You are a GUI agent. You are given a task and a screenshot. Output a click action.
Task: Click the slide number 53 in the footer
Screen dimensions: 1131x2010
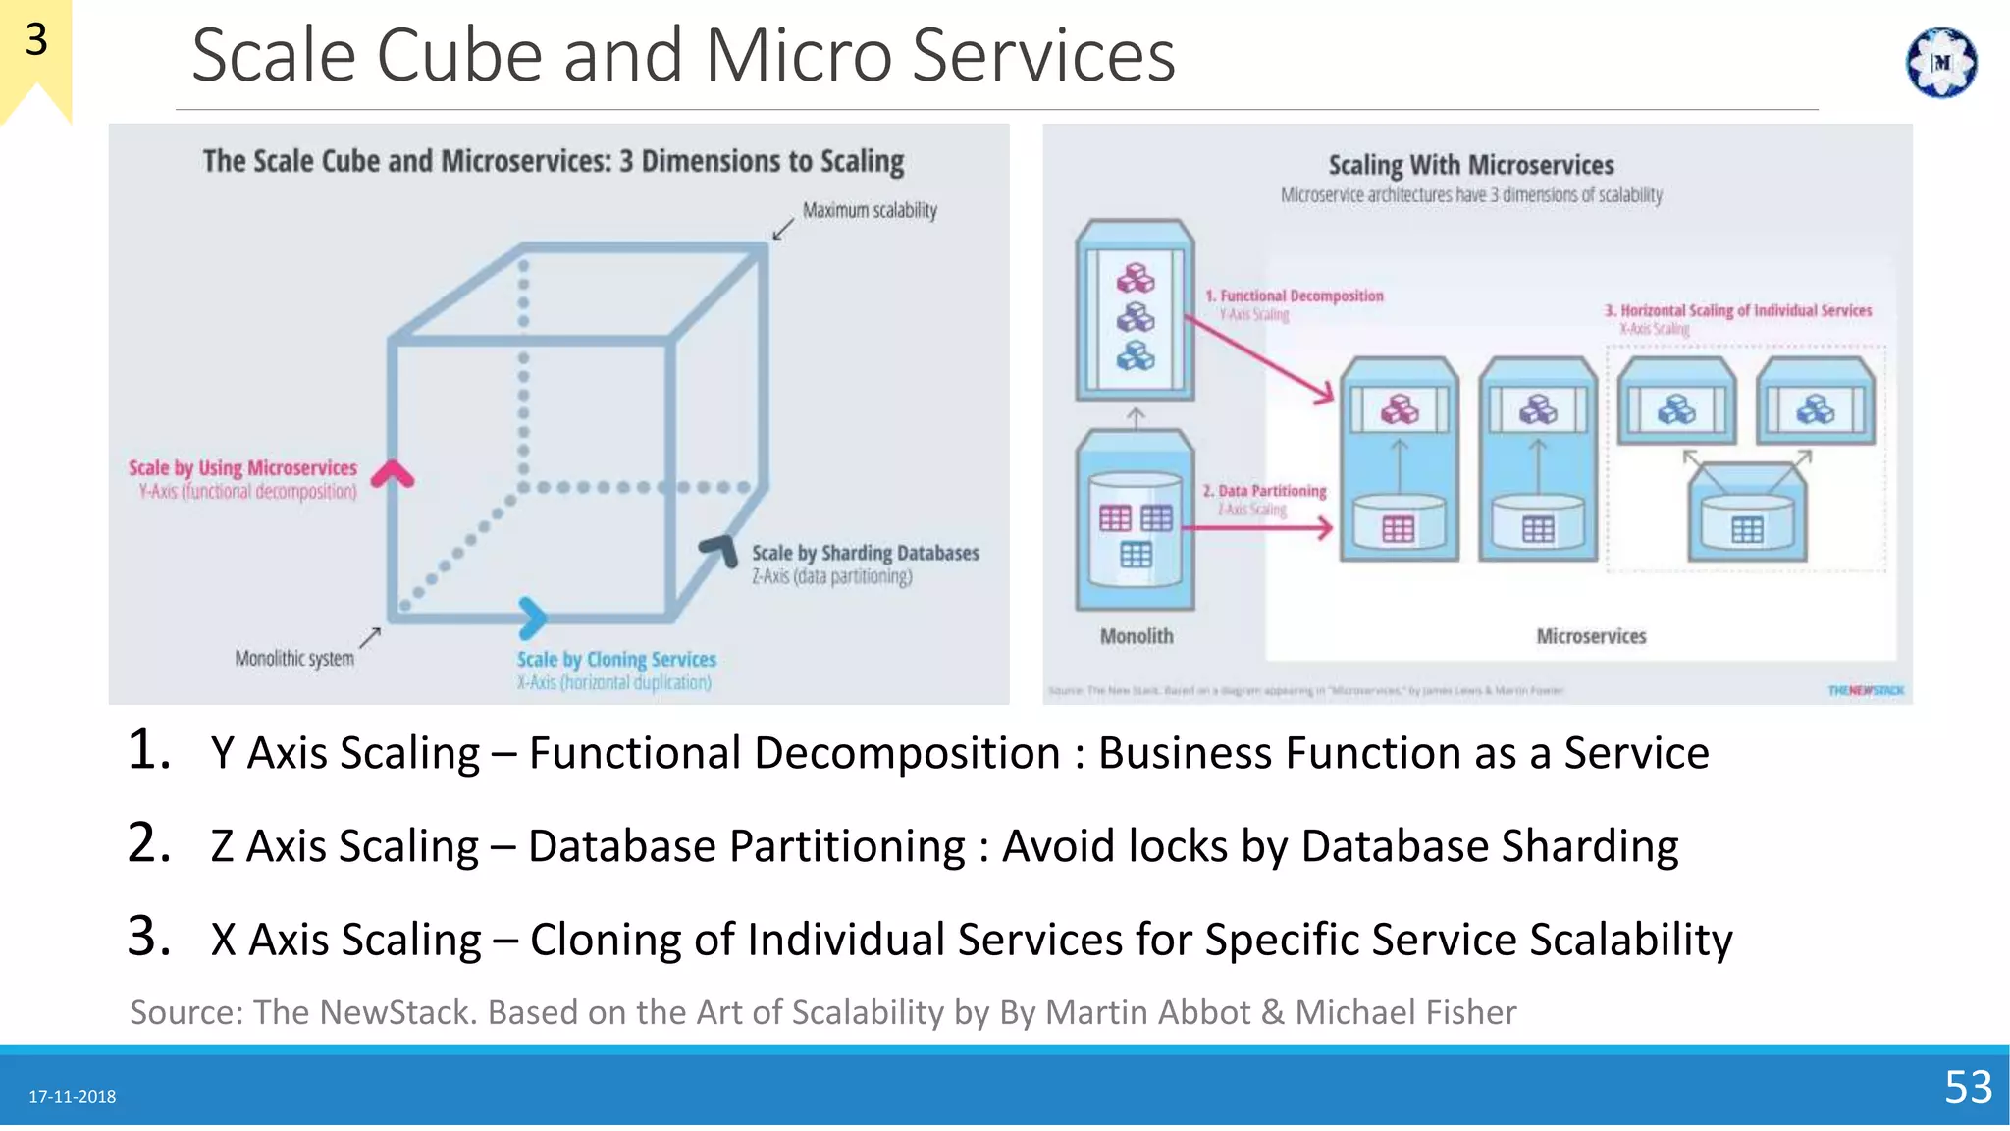1968,1087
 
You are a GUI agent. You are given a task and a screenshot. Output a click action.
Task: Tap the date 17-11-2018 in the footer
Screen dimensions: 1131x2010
72,1096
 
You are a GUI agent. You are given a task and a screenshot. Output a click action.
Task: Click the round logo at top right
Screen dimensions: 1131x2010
1940,63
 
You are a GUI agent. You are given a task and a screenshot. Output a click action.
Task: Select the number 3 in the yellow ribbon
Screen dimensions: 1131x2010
35,40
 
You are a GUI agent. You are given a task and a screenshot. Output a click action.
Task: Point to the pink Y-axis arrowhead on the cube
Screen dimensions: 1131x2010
393,473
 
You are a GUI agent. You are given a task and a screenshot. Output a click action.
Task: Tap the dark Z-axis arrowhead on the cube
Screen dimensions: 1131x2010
721,549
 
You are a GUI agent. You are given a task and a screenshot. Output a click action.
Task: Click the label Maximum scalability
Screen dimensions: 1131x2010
870,210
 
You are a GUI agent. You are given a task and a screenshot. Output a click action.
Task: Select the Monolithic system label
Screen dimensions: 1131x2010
293,658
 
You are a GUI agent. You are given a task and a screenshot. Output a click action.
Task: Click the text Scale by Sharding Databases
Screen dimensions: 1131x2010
865,553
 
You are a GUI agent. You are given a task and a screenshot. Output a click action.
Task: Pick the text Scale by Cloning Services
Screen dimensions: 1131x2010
616,660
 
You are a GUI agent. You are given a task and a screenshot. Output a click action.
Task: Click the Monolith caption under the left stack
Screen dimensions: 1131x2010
1136,636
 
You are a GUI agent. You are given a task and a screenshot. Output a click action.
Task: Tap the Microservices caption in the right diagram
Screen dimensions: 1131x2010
1590,636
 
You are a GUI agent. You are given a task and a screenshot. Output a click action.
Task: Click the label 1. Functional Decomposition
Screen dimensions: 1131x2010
1295,296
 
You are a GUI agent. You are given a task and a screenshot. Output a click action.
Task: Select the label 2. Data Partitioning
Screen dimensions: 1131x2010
1265,490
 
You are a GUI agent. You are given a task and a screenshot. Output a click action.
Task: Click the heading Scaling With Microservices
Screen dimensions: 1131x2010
1470,165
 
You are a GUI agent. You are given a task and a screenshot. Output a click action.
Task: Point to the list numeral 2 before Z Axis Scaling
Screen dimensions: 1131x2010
148,843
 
